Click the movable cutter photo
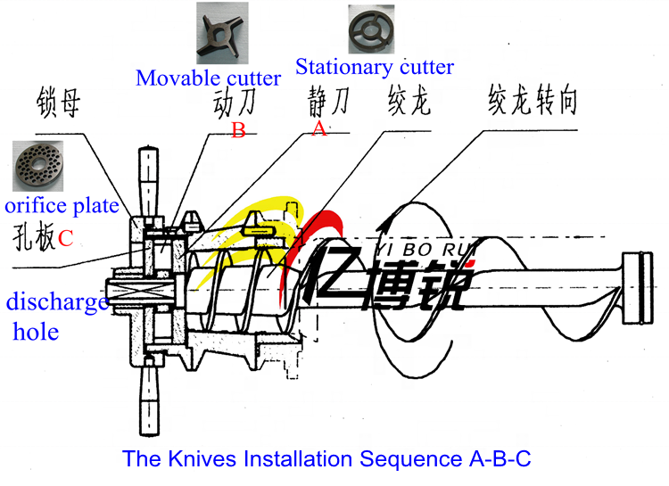(x=222, y=33)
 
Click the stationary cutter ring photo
(x=371, y=29)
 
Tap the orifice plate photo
(x=38, y=166)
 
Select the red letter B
(x=238, y=130)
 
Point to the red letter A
(x=318, y=128)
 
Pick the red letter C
(x=65, y=238)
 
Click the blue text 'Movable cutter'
(x=208, y=78)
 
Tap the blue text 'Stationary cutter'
(x=375, y=67)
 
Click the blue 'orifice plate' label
(x=62, y=206)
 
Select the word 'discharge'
(x=57, y=302)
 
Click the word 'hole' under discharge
(x=36, y=332)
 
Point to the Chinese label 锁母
(x=59, y=103)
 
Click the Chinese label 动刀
(x=235, y=103)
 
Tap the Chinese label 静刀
(x=328, y=102)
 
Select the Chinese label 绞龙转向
(x=533, y=100)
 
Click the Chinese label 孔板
(x=34, y=236)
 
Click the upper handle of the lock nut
(x=148, y=181)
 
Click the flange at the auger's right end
(x=638, y=288)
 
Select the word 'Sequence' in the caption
(x=410, y=459)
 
